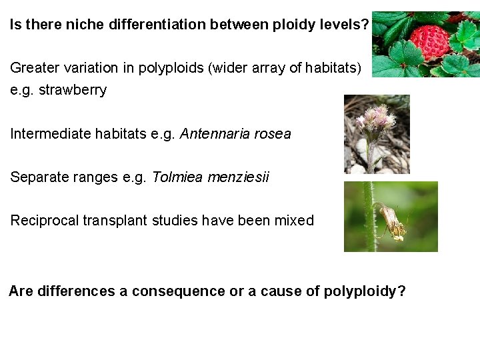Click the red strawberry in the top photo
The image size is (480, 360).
(429, 39)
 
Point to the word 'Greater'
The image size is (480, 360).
(35, 68)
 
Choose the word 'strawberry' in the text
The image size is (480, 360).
(73, 90)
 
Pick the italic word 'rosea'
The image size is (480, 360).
(271, 134)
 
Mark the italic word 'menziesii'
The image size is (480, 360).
(239, 177)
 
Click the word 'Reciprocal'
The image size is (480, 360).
(44, 221)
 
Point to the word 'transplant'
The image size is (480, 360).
(115, 221)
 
